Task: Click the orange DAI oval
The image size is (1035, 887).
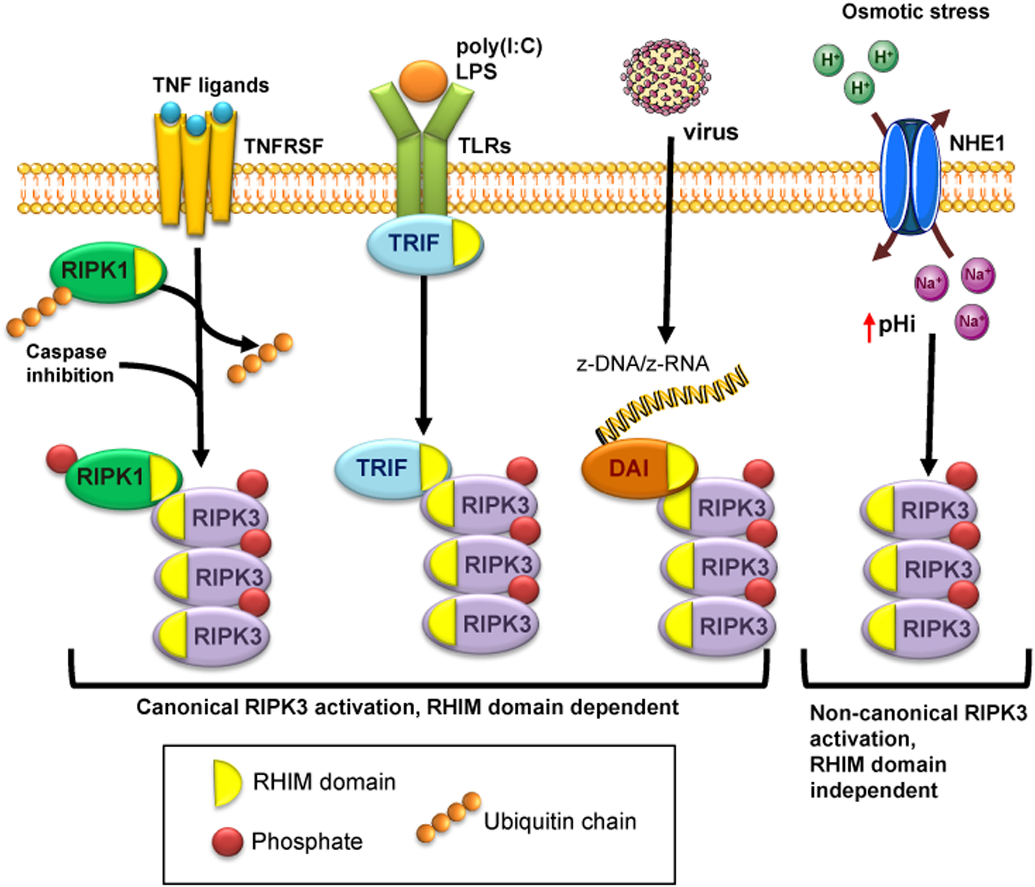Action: point(628,468)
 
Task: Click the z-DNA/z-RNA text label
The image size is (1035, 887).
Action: point(643,364)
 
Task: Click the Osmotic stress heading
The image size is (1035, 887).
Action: point(915,12)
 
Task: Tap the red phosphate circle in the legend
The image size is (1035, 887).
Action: point(227,842)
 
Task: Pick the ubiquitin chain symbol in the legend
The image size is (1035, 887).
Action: point(448,817)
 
